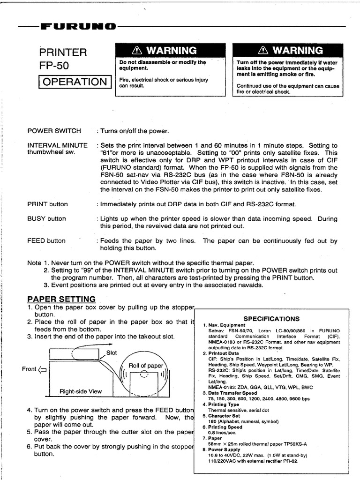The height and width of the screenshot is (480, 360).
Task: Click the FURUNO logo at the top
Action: [78, 26]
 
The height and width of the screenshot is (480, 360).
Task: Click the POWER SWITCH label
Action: [54, 131]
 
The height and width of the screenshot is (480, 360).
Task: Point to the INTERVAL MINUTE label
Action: [57, 145]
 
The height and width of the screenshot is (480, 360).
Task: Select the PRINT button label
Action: [47, 204]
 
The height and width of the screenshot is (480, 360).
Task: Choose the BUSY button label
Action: [46, 218]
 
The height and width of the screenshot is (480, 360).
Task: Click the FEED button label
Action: [46, 241]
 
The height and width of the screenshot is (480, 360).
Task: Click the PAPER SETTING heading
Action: [61, 299]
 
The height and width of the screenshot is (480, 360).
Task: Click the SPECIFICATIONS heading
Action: [271, 319]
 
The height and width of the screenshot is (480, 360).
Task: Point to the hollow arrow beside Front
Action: [43, 369]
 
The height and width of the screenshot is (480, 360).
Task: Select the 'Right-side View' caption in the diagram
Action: [80, 391]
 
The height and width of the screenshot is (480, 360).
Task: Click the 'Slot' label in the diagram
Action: [112, 352]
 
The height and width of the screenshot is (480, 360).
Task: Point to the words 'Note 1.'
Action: [38, 263]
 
